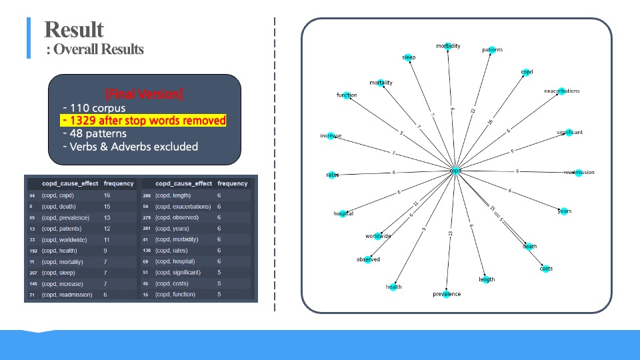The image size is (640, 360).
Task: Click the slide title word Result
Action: (x=74, y=30)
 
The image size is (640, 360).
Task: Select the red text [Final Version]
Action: (x=144, y=93)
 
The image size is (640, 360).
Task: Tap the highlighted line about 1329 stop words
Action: (x=143, y=121)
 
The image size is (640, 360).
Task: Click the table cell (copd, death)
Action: (x=58, y=207)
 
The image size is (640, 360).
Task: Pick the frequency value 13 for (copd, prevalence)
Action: (x=107, y=218)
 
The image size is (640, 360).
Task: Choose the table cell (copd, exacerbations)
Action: (x=183, y=207)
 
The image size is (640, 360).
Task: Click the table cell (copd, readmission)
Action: (x=67, y=295)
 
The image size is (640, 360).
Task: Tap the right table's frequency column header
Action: (x=233, y=183)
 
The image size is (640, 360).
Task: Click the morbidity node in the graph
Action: (x=448, y=47)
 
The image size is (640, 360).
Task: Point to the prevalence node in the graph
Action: (x=447, y=294)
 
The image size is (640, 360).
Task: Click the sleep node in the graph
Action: (x=408, y=57)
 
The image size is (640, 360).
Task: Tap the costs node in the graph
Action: (x=546, y=269)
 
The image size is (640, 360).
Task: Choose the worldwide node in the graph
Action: (x=378, y=236)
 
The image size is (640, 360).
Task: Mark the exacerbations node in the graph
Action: (x=561, y=91)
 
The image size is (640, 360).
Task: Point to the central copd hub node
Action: (x=455, y=171)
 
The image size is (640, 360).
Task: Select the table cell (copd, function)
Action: (x=175, y=295)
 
